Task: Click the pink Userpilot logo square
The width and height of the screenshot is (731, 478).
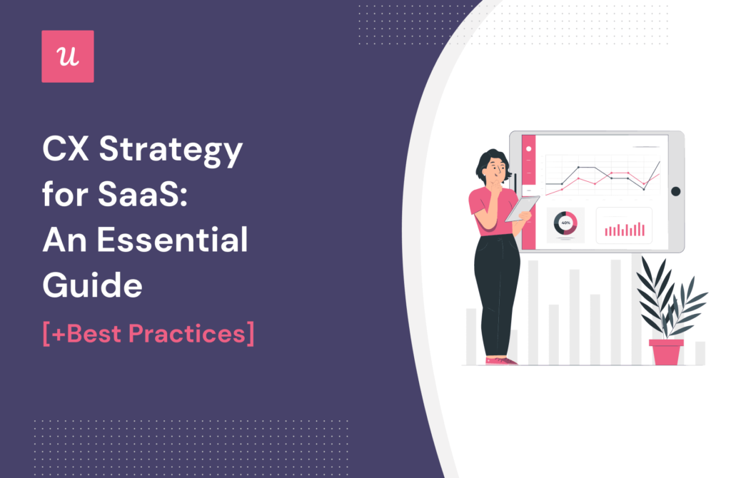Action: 68,56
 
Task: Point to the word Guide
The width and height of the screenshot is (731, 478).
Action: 92,285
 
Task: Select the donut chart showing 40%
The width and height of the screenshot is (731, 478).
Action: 565,225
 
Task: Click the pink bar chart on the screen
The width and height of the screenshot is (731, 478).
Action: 625,228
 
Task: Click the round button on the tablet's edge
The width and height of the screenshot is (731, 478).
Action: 675,191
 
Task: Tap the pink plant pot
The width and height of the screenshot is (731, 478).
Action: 665,352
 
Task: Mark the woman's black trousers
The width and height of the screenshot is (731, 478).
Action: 497,293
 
